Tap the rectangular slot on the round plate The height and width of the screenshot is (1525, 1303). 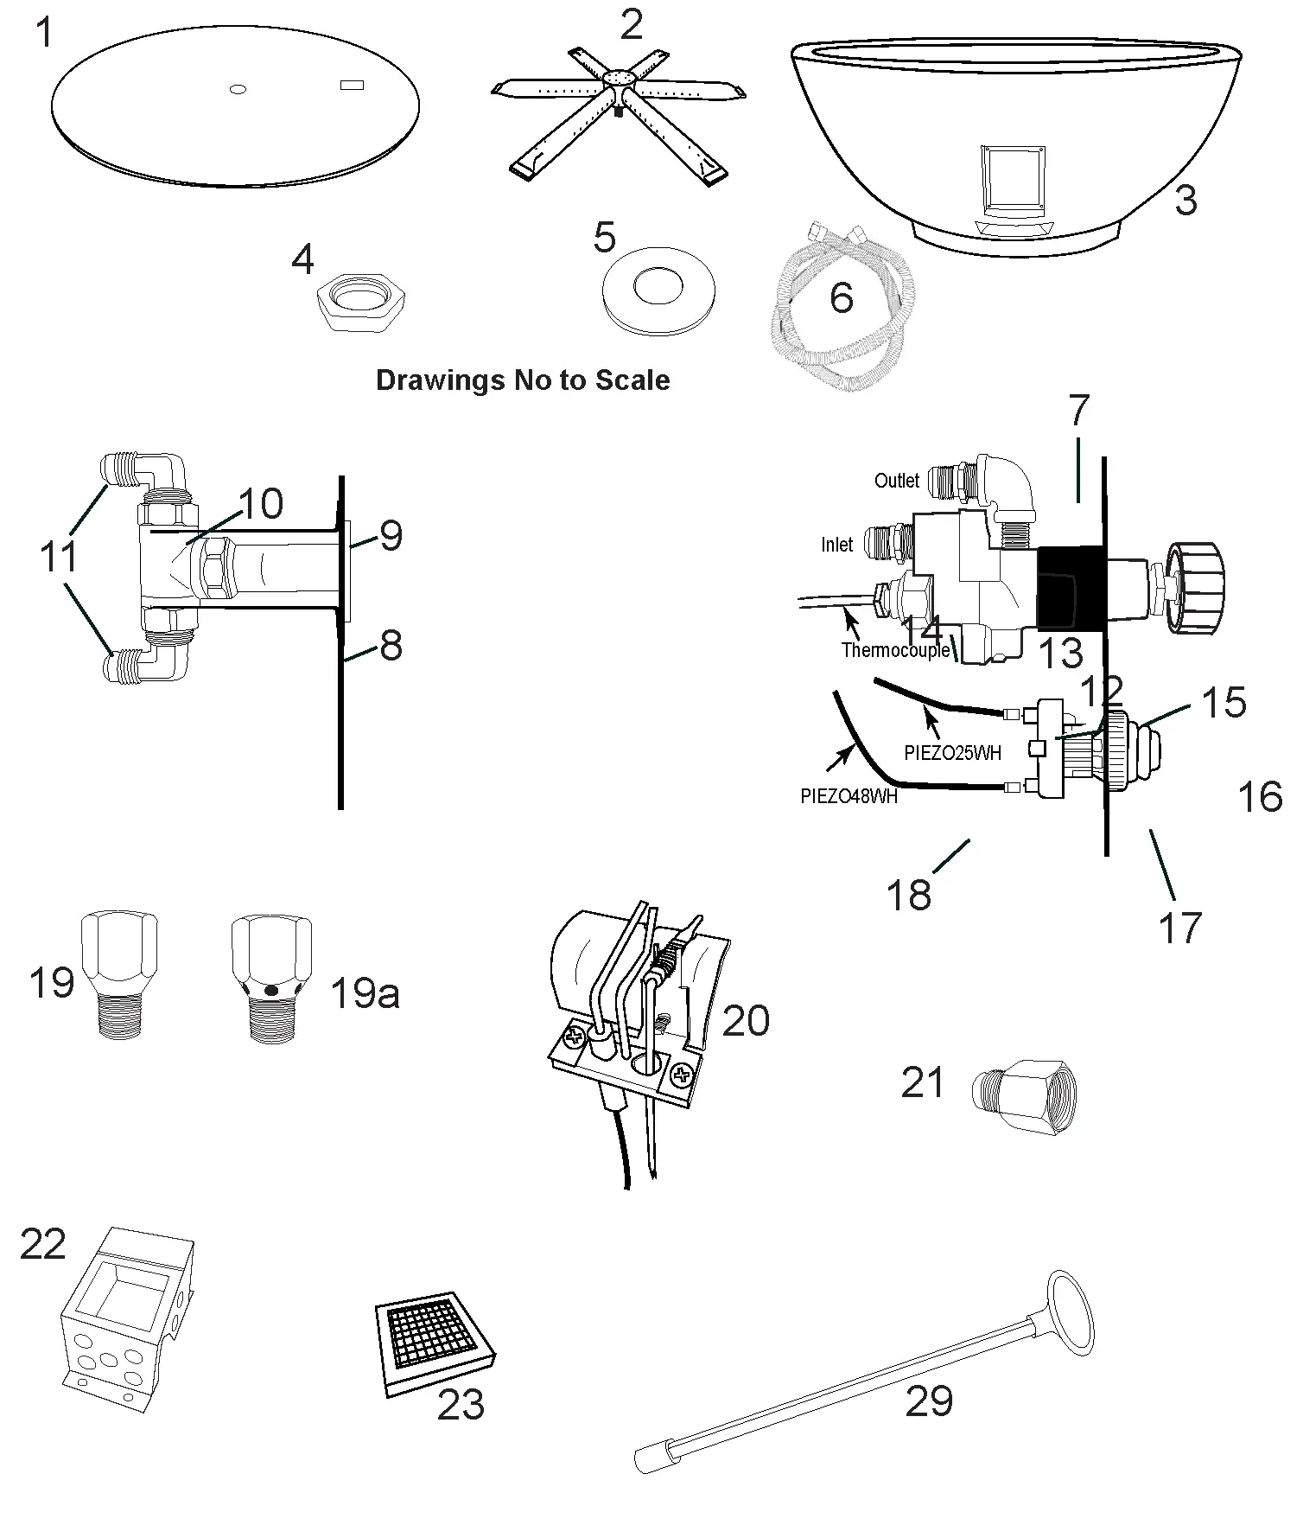point(352,85)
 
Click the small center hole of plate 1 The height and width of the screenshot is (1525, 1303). point(239,89)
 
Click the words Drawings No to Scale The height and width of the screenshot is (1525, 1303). point(523,380)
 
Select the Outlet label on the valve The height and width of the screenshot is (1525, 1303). point(896,481)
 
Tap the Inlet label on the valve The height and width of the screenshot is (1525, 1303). point(836,545)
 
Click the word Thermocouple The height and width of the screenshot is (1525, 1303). point(895,651)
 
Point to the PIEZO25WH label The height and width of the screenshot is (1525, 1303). point(952,753)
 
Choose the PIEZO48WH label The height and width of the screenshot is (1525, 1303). point(849,796)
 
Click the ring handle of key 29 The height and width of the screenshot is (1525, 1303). point(1071,1313)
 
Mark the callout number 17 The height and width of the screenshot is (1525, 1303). point(1179,928)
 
